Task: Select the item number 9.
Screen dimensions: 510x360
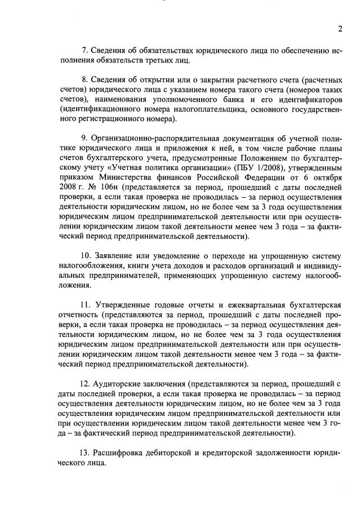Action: [x=85, y=139]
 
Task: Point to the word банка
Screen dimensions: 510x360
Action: [x=234, y=104]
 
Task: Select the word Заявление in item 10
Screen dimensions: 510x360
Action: [x=119, y=256]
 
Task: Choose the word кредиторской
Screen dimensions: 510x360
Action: [x=225, y=453]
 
